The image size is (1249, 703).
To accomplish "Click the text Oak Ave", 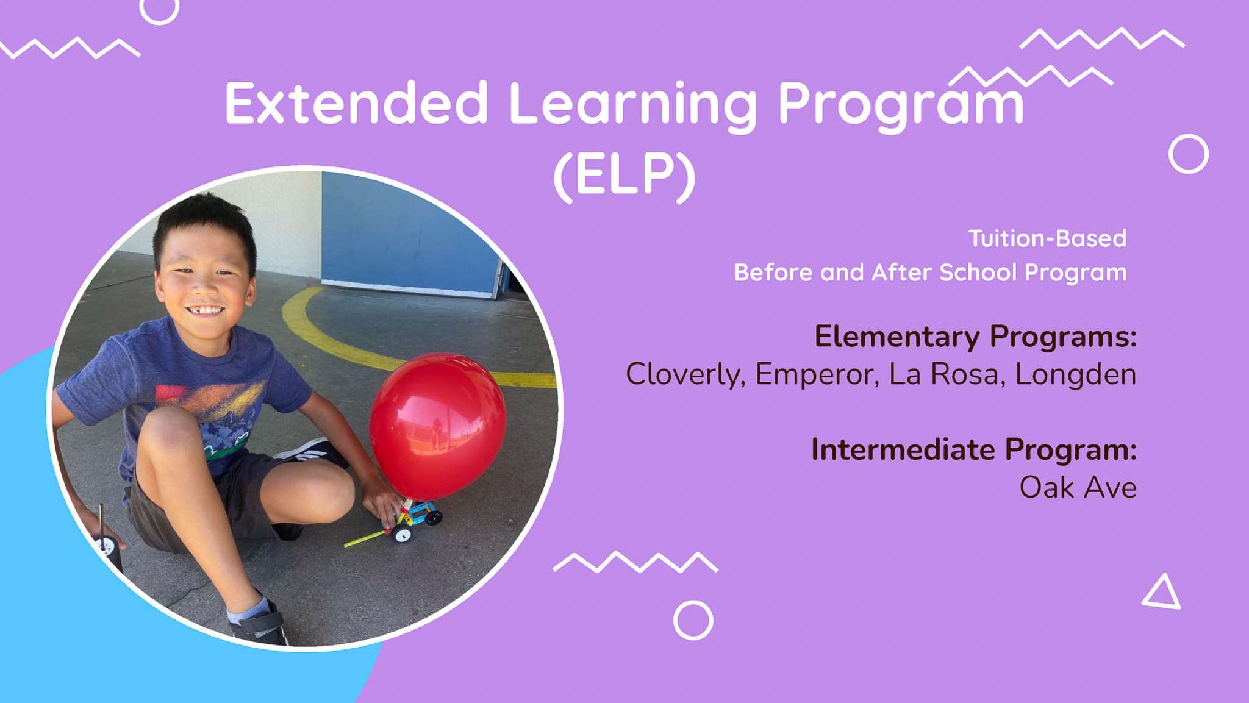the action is point(1078,487).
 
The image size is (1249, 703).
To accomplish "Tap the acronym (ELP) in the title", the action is point(624,174).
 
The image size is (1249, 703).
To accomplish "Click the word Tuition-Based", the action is point(1047,238).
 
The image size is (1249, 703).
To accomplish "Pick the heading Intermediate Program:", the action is point(974,450).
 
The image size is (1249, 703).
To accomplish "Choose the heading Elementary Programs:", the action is point(976,337).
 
